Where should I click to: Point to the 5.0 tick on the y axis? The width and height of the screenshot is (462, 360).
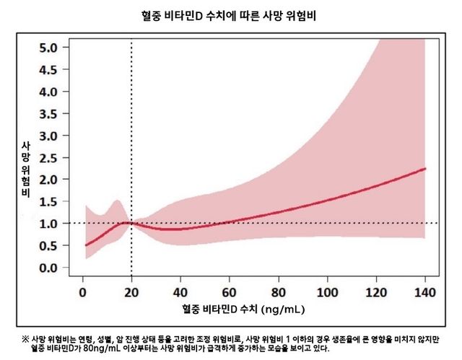pos(58,48)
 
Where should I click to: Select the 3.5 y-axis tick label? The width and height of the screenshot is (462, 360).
pos(58,113)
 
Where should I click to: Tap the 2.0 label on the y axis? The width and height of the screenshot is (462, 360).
pos(58,180)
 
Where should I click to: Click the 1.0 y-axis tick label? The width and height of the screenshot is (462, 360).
pos(58,224)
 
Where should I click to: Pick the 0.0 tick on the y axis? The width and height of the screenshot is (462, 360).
pos(58,268)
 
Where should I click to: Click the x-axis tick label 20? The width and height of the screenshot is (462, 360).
pos(131,294)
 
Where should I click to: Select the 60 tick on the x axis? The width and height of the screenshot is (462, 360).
pos(230,294)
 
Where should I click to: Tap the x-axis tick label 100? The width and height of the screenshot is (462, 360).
pos(328,294)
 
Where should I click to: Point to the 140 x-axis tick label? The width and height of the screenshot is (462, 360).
pos(426,294)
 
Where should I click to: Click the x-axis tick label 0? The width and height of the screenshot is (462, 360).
pos(82,294)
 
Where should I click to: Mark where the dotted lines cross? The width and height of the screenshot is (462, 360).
pos(131,223)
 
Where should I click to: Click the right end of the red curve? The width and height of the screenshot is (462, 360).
pos(426,169)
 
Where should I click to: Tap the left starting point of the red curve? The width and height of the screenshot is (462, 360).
pos(84,245)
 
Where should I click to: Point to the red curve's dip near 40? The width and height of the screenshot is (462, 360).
pos(173,229)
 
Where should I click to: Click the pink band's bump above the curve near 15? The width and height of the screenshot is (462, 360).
pos(116,202)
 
